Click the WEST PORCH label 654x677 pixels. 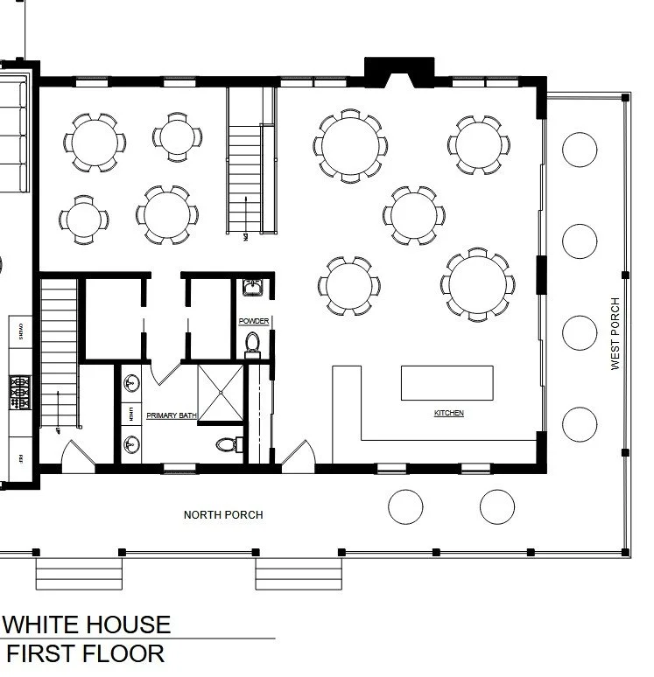[x=615, y=333]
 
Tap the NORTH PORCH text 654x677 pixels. [x=223, y=515]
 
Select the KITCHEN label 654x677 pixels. [x=448, y=413]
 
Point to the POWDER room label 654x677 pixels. [x=253, y=322]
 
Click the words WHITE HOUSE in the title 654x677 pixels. [x=88, y=625]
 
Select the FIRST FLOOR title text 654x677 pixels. [x=85, y=653]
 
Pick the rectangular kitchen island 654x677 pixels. [x=447, y=383]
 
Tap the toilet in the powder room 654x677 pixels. [x=253, y=344]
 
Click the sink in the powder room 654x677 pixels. [x=252, y=288]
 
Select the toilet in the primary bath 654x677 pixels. [x=226, y=444]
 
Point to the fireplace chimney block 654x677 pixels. [x=399, y=72]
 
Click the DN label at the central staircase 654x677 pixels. [x=247, y=235]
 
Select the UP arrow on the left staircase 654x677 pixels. [x=55, y=429]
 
